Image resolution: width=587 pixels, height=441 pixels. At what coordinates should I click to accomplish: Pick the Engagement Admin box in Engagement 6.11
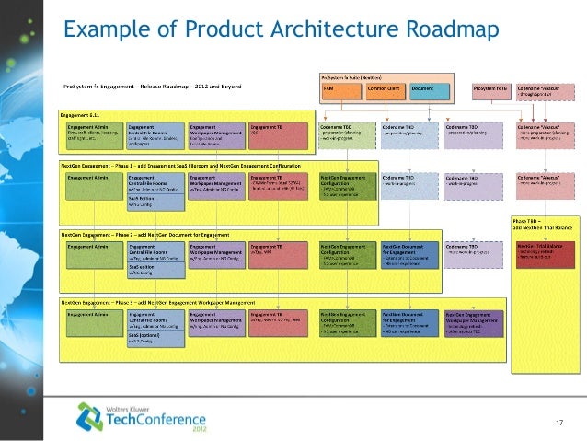pyautogui.click(x=91, y=134)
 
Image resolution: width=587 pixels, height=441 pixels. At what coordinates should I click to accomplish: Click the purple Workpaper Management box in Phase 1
pyautogui.click(x=217, y=185)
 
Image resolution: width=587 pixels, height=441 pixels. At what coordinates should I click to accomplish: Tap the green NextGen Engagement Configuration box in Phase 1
pyautogui.click(x=346, y=185)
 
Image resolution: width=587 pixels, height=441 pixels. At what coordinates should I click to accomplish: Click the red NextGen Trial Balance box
pyautogui.click(x=545, y=254)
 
